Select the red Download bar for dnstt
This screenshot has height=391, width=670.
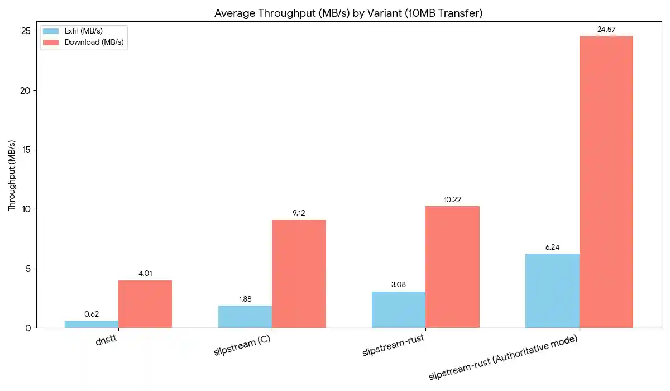point(145,304)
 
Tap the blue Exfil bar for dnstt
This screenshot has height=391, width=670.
point(92,324)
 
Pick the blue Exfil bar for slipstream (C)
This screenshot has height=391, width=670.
point(245,317)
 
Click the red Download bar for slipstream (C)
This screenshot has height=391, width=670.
point(299,274)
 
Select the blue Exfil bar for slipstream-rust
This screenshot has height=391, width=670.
point(399,309)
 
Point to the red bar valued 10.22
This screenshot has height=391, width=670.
point(452,267)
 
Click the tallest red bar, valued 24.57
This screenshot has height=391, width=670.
point(606,182)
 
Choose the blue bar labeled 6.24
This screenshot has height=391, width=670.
point(552,290)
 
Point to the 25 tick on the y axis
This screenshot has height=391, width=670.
point(26,31)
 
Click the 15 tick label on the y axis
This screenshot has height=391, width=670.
point(26,150)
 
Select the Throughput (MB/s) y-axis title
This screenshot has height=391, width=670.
point(12,175)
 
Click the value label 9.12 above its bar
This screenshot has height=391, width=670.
point(299,213)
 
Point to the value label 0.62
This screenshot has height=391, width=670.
point(92,314)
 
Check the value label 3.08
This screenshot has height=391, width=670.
point(399,284)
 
